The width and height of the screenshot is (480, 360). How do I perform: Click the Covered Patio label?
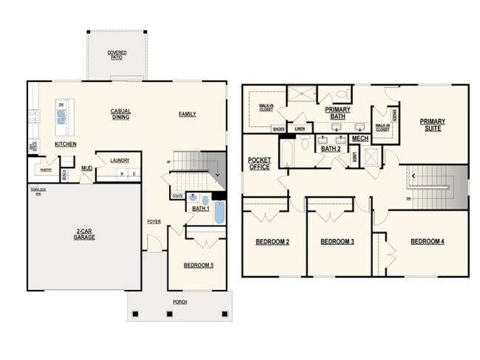click(x=116, y=54)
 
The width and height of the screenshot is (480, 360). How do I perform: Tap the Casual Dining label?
click(x=121, y=114)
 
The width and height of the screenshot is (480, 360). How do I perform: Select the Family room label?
click(x=187, y=114)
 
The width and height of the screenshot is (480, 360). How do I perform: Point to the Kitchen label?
click(x=66, y=145)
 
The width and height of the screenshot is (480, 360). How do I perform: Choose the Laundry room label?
click(x=120, y=159)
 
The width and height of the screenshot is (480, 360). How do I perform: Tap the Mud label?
click(x=86, y=168)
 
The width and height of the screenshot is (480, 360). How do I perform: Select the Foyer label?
click(x=154, y=221)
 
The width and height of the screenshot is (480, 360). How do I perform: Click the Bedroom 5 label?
click(x=198, y=265)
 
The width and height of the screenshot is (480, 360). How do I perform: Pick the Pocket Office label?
click(x=258, y=164)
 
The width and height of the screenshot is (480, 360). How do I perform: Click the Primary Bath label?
click(x=337, y=112)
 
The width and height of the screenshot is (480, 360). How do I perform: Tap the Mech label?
click(x=360, y=138)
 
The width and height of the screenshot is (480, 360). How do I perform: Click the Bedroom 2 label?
click(x=272, y=242)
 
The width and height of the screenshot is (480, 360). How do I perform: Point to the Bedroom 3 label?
click(x=337, y=242)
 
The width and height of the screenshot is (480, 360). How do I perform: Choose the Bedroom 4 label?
click(x=427, y=242)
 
